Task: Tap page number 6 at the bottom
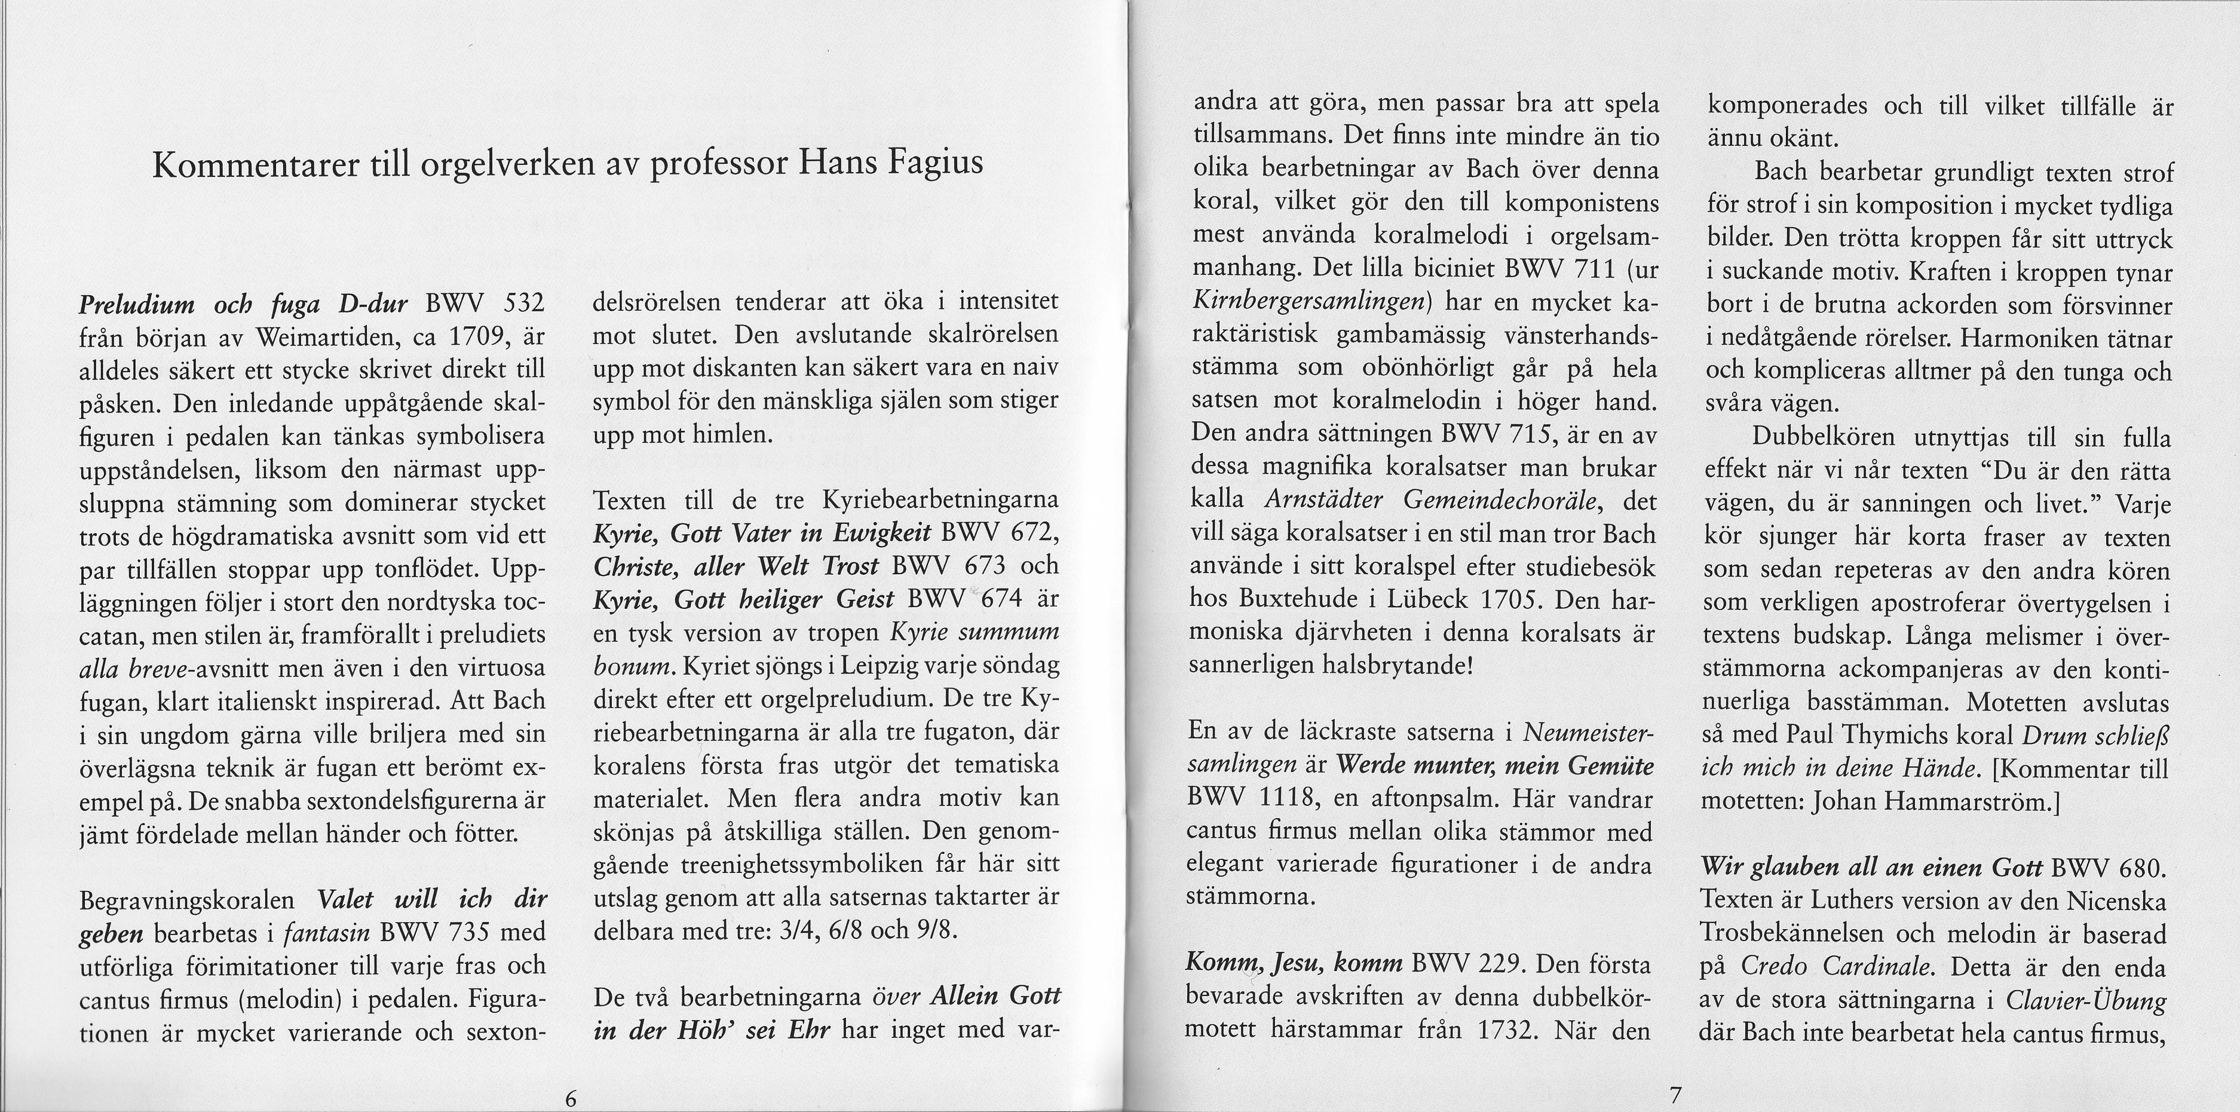[x=571, y=1097]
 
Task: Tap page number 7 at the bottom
[x=1669, y=1096]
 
